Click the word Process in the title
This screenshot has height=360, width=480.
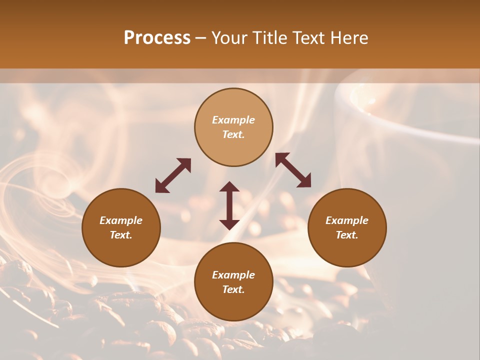[157, 38]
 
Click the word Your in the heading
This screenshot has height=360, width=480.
[230, 38]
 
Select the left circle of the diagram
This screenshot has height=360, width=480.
[121, 227]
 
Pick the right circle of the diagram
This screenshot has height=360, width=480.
[347, 227]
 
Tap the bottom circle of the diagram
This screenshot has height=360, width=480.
[233, 282]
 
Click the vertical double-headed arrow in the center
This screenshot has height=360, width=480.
[229, 205]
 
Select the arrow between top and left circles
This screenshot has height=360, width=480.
[173, 175]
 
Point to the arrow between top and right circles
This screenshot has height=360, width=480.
[293, 170]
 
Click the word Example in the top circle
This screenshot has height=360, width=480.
[233, 120]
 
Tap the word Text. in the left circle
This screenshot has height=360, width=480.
[121, 235]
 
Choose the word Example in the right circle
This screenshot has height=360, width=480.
[347, 220]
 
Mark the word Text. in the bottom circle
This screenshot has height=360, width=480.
[233, 289]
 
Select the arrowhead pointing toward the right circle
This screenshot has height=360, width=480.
[304, 181]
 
